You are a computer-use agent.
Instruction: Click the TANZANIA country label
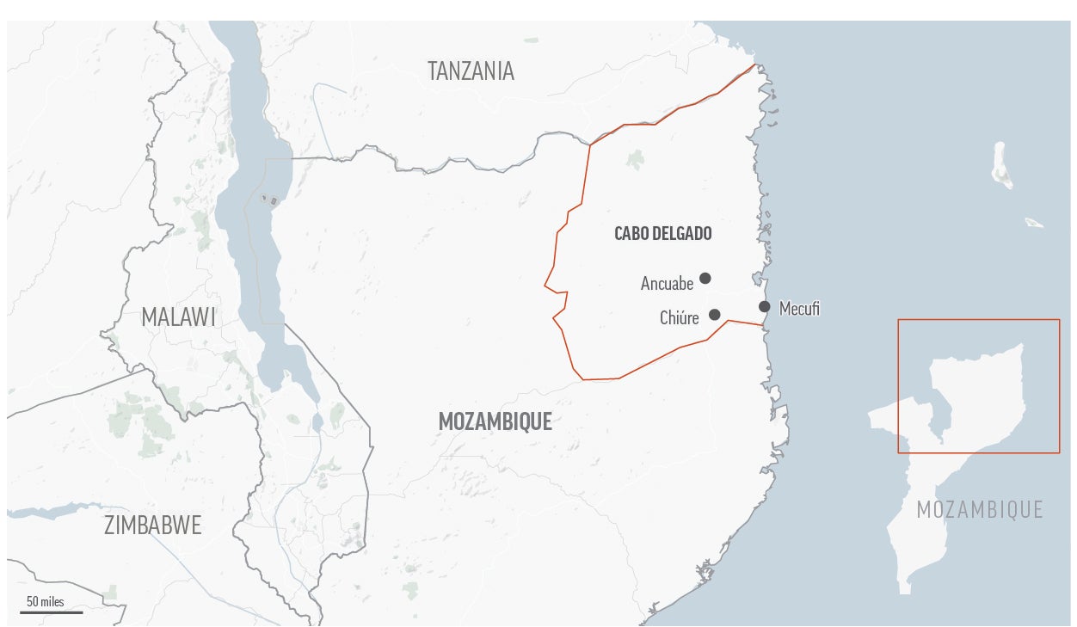(471, 71)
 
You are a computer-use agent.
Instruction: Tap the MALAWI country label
(178, 317)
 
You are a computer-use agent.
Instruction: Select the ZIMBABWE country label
(152, 525)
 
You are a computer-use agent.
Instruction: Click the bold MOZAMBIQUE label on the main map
(495, 421)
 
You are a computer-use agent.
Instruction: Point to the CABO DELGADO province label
(662, 233)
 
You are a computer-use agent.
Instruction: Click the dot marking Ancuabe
(705, 278)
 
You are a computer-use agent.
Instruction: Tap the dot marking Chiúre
(714, 315)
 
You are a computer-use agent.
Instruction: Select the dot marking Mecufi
(764, 306)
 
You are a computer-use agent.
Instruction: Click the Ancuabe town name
(667, 283)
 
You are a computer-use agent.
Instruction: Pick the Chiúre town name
(679, 319)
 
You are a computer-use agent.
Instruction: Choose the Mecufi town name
(799, 309)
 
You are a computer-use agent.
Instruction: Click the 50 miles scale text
(45, 601)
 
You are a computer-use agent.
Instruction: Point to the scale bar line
(52, 612)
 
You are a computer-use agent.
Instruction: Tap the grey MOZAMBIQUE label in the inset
(979, 509)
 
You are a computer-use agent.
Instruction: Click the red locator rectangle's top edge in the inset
(978, 320)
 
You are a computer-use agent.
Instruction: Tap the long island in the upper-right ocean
(1001, 165)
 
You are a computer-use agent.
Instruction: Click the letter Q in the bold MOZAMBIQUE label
(526, 422)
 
